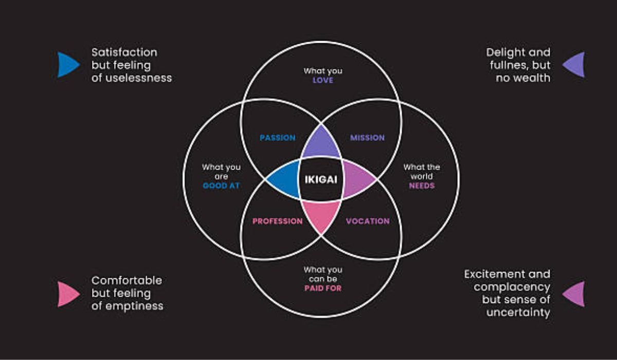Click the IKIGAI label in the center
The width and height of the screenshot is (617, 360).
click(321, 179)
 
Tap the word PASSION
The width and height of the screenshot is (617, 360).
click(277, 138)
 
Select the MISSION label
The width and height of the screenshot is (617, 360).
click(367, 138)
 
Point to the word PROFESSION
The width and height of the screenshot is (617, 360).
click(277, 221)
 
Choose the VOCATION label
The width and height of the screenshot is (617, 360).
click(367, 221)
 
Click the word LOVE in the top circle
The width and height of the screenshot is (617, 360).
click(322, 80)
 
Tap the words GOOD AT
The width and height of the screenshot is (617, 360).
click(221, 186)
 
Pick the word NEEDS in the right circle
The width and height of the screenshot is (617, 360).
click(422, 186)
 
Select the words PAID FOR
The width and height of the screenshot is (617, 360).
click(322, 289)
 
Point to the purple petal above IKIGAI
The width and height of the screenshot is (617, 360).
click(321, 144)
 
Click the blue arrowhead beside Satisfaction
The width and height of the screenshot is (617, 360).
click(67, 65)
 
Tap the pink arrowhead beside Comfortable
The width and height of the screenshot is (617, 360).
click(67, 294)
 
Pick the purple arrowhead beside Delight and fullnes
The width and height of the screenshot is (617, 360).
click(574, 65)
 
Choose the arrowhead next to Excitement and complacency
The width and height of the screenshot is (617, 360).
click(574, 294)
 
